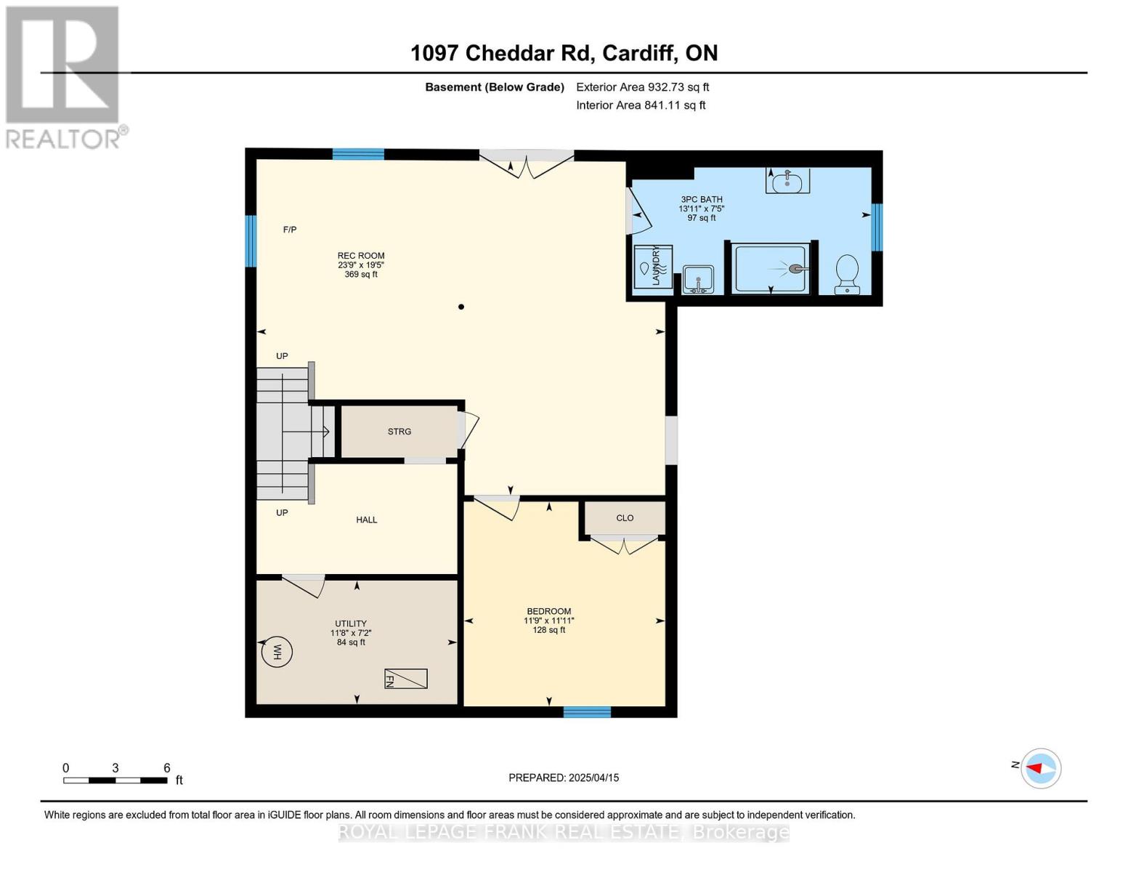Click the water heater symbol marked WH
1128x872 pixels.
pyautogui.click(x=277, y=652)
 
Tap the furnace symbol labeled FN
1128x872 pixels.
pyautogui.click(x=405, y=679)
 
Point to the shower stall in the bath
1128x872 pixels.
pyautogui.click(x=771, y=269)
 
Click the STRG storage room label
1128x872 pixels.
pyautogui.click(x=399, y=432)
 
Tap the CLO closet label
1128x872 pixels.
pyautogui.click(x=625, y=518)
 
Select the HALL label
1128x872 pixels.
pyautogui.click(x=367, y=520)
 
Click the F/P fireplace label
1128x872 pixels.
pyautogui.click(x=290, y=230)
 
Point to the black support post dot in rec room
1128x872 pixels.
pyautogui.click(x=461, y=307)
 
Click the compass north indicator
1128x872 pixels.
pyautogui.click(x=1040, y=768)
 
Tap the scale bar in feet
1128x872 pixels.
pyautogui.click(x=115, y=780)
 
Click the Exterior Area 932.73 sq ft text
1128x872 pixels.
pyautogui.click(x=642, y=87)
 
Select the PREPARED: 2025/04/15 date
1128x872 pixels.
pyautogui.click(x=564, y=778)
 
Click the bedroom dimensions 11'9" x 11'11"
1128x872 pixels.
pyautogui.click(x=549, y=621)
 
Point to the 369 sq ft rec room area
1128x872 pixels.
pyautogui.click(x=361, y=275)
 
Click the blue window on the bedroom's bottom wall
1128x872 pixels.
pyautogui.click(x=587, y=712)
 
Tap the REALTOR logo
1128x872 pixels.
pyautogui.click(x=64, y=76)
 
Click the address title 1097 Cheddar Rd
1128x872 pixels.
pyautogui.click(x=564, y=53)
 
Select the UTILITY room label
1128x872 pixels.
pyautogui.click(x=351, y=623)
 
